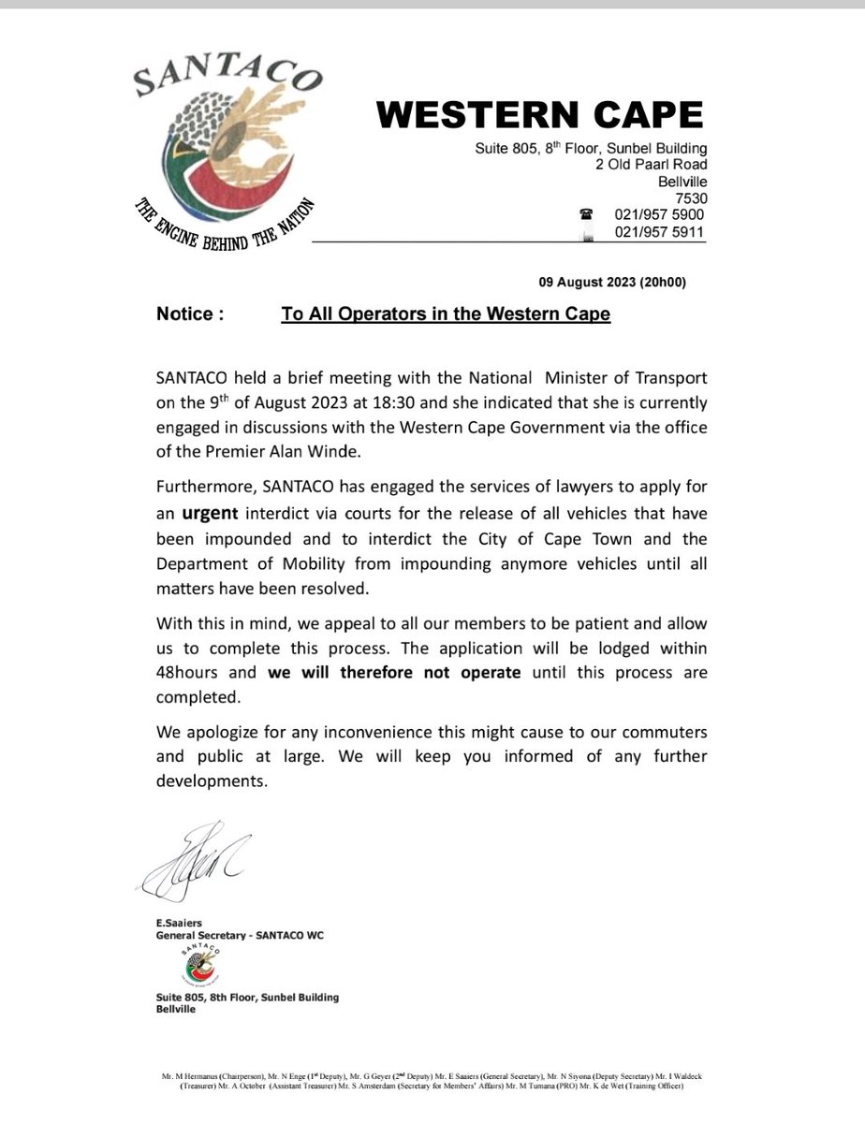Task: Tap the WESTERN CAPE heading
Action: click(539, 115)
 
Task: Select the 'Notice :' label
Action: click(190, 314)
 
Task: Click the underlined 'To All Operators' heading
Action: click(446, 314)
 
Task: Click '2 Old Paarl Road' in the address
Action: click(652, 165)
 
